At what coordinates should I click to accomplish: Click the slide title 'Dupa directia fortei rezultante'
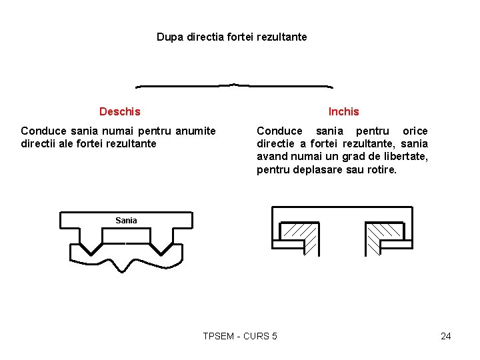coord(231,37)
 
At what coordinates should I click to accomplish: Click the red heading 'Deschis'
coord(119,111)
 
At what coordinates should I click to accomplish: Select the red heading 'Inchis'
coord(343,111)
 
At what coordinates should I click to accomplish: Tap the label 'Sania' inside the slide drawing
coord(126,220)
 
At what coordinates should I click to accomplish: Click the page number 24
coord(446,336)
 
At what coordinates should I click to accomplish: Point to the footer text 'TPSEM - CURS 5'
coord(240,336)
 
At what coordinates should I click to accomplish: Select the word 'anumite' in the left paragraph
coord(195,131)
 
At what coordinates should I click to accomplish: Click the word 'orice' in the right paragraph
coord(415,131)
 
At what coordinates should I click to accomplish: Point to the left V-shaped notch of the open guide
coord(91,248)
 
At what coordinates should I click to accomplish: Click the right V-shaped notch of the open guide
coord(161,248)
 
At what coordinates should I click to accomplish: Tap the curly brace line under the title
coord(234,86)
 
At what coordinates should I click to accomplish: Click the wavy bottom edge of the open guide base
coord(126,265)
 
